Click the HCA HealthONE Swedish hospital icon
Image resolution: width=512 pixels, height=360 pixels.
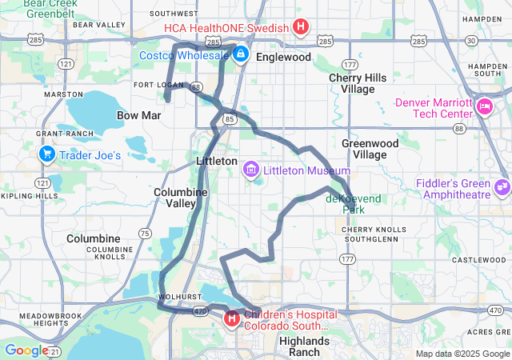point(300,28)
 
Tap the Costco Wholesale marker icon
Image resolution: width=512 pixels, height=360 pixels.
point(241,55)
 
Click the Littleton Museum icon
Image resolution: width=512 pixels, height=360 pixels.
point(251,170)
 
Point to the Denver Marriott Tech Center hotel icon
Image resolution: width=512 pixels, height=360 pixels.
point(484,106)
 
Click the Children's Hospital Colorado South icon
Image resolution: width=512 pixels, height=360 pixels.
point(232,319)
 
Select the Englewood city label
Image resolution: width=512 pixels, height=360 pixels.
point(284,58)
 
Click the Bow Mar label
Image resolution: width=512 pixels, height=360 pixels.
point(139,116)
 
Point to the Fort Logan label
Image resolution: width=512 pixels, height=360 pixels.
point(158,85)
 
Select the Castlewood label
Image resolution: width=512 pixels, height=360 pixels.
point(478,260)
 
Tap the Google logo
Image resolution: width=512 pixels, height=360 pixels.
point(26,350)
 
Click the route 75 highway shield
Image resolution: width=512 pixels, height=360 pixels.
point(145,233)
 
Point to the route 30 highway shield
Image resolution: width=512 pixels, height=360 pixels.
point(471,40)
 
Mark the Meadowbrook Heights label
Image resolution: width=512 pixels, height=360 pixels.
point(46,319)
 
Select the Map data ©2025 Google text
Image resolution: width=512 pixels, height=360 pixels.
point(462,354)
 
